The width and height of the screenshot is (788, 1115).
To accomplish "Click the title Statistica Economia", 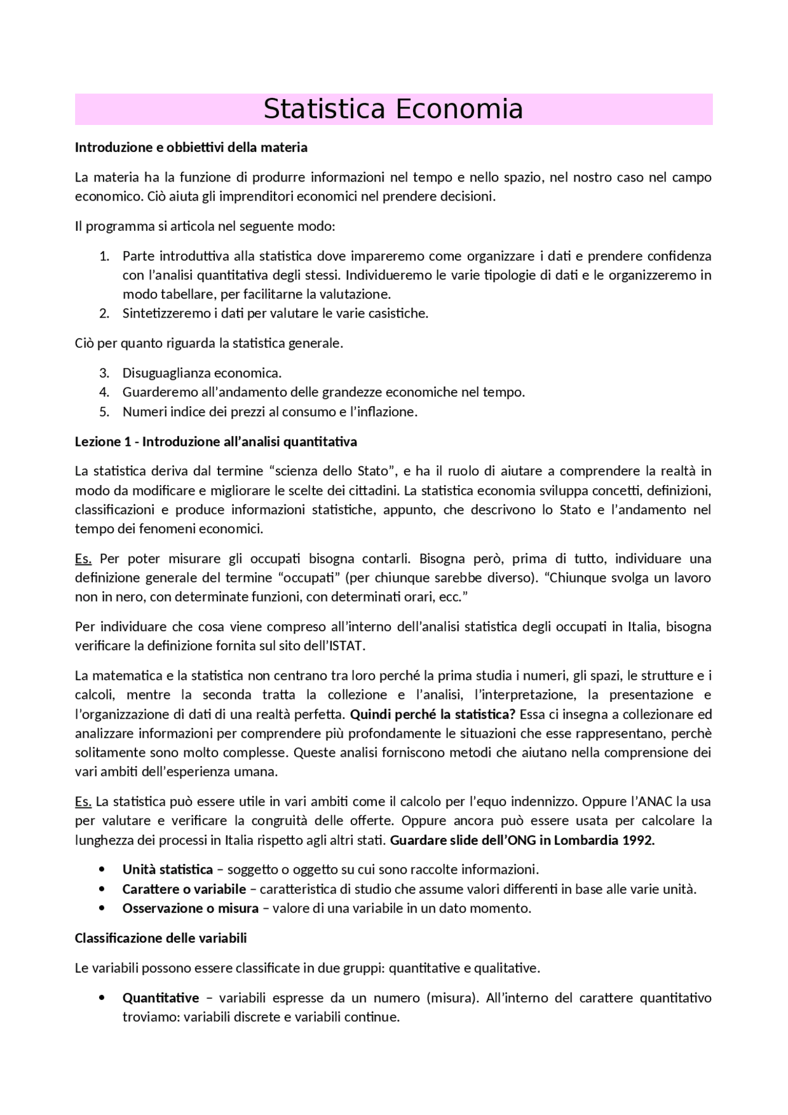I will pos(393,110).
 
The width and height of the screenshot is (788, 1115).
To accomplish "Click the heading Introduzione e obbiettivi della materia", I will pos(191,148).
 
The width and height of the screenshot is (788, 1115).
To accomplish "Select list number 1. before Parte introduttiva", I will pos(104,256).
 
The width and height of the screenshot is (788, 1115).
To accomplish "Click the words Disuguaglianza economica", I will pos(202,373).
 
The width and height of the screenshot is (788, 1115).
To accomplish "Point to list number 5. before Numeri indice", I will pos(104,412).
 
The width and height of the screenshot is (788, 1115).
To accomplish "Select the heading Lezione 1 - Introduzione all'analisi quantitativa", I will pos(215,442).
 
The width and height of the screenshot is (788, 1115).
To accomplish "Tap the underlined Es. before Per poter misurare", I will pos(83,559).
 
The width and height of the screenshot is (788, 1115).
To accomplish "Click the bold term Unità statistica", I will pos(167,870).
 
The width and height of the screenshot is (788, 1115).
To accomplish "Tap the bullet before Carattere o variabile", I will pos(102,889).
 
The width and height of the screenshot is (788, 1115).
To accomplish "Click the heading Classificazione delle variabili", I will pos(161,938).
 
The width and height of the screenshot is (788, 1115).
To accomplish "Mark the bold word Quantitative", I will pos(161,998).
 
